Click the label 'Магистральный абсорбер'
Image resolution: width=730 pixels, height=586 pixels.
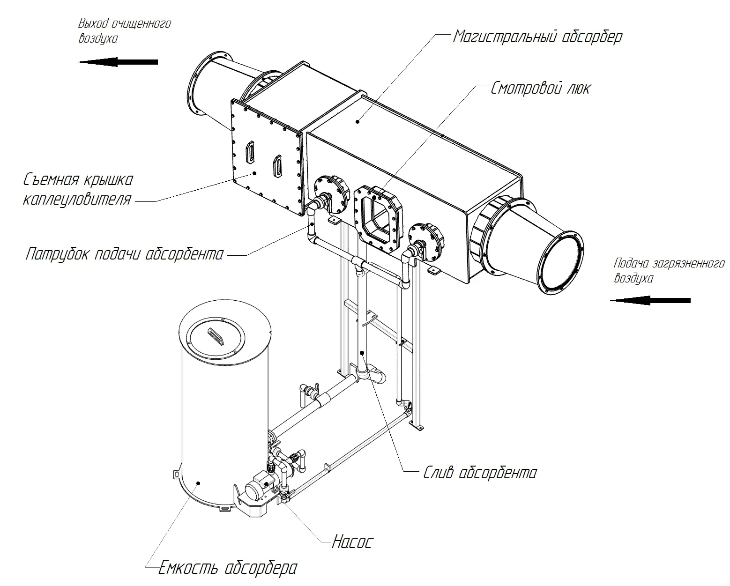coord(537,37)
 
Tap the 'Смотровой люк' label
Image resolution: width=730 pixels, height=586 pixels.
coord(540,88)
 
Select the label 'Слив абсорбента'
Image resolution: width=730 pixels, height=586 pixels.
coord(480,473)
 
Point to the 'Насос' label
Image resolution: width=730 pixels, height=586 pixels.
coord(352,542)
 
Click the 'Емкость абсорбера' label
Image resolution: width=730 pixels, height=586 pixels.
coord(228,568)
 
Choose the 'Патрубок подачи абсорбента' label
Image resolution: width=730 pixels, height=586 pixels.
coord(125,254)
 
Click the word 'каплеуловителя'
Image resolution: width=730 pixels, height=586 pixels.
coord(77,200)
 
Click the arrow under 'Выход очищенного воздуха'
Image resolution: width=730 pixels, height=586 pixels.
coord(118,62)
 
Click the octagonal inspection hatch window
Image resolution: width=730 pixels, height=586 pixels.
coord(378,215)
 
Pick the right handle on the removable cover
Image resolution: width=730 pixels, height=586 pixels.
coord(278,165)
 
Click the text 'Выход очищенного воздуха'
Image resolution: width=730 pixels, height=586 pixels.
coord(124,30)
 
